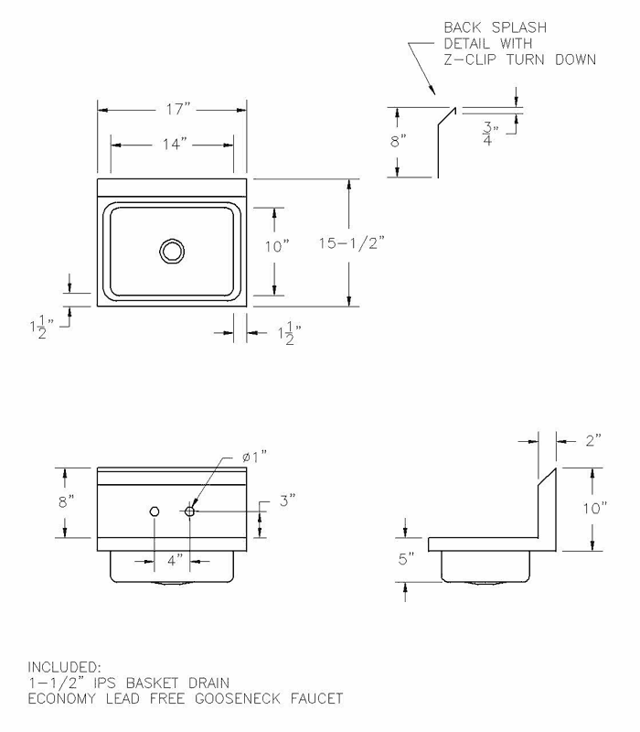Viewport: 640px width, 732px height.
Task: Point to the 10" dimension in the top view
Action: click(x=275, y=246)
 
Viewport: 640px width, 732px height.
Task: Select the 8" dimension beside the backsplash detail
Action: click(x=397, y=141)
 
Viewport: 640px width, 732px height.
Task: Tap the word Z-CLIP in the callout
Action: click(x=472, y=60)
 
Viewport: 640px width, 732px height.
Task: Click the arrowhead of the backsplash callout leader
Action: click(x=431, y=91)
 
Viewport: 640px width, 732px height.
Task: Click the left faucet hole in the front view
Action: click(x=155, y=511)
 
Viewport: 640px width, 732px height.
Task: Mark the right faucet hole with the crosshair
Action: click(x=190, y=511)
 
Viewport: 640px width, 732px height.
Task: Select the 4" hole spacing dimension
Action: click(x=173, y=557)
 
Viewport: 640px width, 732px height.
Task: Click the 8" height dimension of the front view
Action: click(x=65, y=501)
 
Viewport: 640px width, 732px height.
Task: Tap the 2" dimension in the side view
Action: click(x=592, y=441)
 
